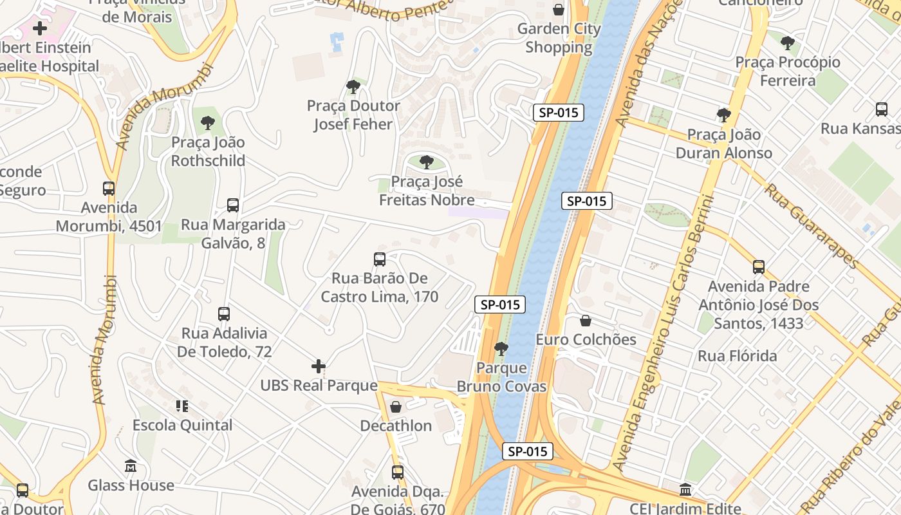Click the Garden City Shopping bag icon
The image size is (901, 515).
point(559,10)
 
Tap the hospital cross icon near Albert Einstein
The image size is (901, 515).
point(40,28)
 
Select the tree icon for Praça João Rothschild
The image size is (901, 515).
point(207,122)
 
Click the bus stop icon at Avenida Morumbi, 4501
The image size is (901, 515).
point(109,189)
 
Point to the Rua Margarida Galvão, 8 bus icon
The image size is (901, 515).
point(233,205)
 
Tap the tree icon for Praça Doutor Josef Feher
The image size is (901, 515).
point(353,86)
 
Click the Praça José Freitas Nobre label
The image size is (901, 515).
point(427,191)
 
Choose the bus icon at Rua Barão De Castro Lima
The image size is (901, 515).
point(380,259)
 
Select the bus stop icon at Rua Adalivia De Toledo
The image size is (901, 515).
point(224,314)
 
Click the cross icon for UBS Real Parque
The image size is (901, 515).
point(319,366)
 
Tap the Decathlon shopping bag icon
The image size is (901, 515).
point(396,407)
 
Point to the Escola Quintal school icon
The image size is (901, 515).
point(182,406)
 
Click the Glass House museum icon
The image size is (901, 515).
point(131,465)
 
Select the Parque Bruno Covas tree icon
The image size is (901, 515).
point(501,349)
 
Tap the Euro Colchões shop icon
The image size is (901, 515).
point(586,321)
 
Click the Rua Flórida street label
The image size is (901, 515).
point(737,356)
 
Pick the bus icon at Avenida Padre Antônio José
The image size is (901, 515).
point(759,267)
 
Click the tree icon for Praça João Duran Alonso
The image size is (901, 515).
point(723,115)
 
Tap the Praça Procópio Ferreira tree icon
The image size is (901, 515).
point(787,43)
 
